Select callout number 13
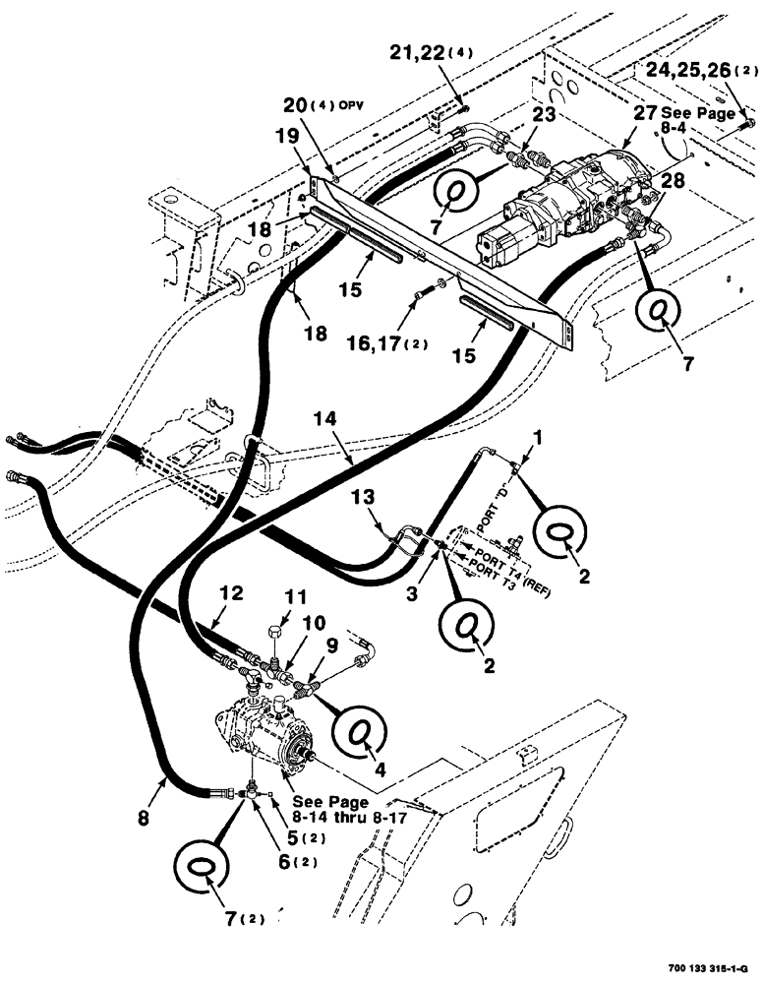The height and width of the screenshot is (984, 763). [363, 503]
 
